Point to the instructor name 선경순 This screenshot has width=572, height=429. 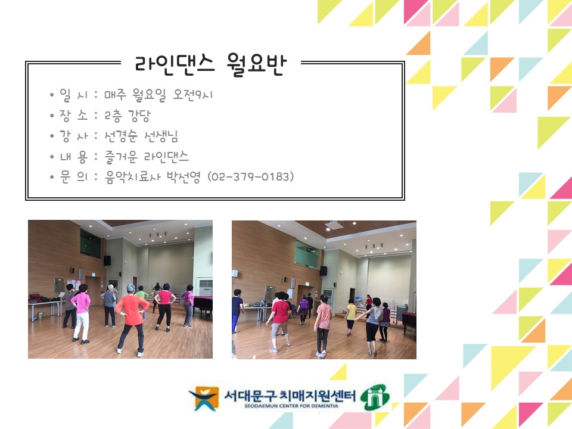pyautogui.click(x=125, y=137)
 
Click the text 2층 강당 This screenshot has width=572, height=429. pyautogui.click(x=127, y=116)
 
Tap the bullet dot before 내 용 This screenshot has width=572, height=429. pyautogui.click(x=52, y=157)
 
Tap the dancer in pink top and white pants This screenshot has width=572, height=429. pyautogui.click(x=80, y=313)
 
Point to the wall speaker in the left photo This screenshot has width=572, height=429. pyautogui.click(x=107, y=260)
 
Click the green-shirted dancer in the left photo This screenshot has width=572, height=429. pyautogui.click(x=142, y=299)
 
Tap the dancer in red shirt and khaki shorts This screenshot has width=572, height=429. pyautogui.click(x=280, y=319)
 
